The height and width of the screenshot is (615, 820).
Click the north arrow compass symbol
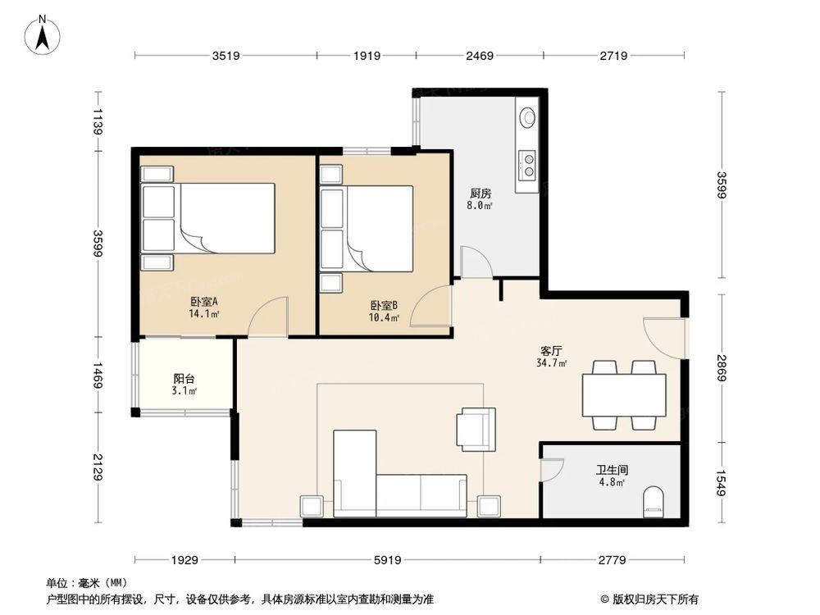pyautogui.click(x=43, y=35)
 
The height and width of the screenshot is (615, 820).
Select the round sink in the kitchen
pyautogui.click(x=527, y=117)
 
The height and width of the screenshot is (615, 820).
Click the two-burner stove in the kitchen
pyautogui.click(x=527, y=164)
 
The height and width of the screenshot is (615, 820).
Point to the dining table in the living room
pyautogui.click(x=624, y=395)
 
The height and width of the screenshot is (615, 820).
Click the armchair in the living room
pyautogui.click(x=476, y=430)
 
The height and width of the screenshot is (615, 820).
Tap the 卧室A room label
pyautogui.click(x=203, y=302)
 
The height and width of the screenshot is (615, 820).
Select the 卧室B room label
pyautogui.click(x=384, y=305)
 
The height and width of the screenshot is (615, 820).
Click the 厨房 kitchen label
pyautogui.click(x=480, y=194)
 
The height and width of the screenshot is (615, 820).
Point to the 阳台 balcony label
pyautogui.click(x=184, y=379)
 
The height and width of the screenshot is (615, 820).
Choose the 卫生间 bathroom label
pyautogui.click(x=612, y=470)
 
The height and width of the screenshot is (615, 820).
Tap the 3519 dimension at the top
pyautogui.click(x=226, y=56)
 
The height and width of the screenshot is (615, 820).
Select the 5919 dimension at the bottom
pyautogui.click(x=388, y=560)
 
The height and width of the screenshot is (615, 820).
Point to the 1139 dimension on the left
pyautogui.click(x=98, y=121)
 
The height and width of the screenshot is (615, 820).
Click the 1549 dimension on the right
pyautogui.click(x=721, y=483)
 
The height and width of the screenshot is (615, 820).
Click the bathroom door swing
pyautogui.click(x=552, y=471)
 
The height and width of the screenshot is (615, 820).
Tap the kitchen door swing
pyautogui.click(x=476, y=261)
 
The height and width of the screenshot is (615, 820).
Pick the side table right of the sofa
pyautogui.click(x=489, y=506)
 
